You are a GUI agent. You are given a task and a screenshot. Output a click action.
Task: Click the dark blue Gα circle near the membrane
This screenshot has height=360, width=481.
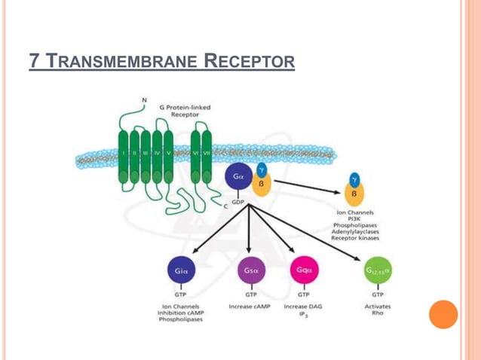click(238, 178)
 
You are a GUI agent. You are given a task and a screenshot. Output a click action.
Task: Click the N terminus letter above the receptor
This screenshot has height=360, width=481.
click(144, 99)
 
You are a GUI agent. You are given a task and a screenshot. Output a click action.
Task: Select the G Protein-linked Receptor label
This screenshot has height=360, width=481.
click(185, 111)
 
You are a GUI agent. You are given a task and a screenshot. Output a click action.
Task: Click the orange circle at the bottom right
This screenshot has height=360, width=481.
click(443, 314)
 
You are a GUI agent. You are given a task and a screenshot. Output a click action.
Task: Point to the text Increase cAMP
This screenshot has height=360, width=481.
click(250, 307)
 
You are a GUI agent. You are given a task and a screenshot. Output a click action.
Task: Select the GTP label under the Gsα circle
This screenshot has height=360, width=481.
click(249, 295)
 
